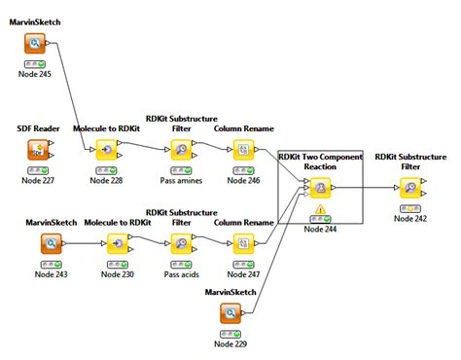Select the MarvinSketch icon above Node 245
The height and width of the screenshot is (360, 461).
point(35,45)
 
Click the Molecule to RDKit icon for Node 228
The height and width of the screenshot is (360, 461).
point(106,150)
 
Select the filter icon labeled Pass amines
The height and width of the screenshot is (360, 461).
point(181,150)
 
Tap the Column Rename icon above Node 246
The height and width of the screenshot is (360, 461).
point(244,150)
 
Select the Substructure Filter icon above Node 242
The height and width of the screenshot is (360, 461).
point(410,188)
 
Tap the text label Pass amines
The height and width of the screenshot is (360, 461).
point(181,180)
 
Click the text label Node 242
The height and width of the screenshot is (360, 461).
point(410,218)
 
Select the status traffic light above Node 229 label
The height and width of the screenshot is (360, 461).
point(230,332)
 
